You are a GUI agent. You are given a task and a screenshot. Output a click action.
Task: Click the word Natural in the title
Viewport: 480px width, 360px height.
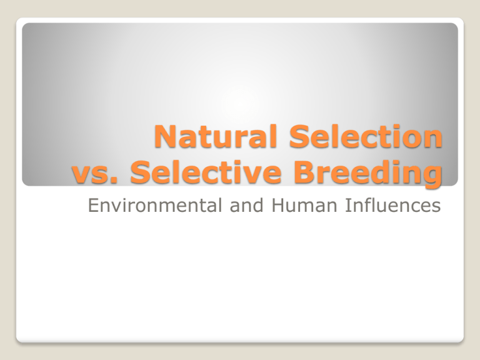(x=216, y=136)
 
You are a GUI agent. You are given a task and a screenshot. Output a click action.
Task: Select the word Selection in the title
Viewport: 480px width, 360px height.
(x=366, y=136)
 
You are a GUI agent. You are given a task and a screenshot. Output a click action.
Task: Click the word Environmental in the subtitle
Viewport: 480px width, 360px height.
(x=155, y=205)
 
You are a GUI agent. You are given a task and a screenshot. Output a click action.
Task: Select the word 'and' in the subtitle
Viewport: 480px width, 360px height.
(x=246, y=205)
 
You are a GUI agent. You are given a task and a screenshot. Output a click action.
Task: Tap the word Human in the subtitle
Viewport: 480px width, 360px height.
(x=304, y=205)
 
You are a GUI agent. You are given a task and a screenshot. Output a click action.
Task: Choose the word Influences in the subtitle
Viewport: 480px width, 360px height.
(x=393, y=205)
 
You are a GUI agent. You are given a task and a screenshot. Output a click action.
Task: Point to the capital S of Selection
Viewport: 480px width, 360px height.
(x=299, y=136)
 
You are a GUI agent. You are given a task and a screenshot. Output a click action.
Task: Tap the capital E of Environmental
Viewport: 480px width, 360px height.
(x=93, y=205)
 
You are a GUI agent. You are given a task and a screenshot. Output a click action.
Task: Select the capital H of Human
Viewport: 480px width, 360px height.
(x=277, y=205)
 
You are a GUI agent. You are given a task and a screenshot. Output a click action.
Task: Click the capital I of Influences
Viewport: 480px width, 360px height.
(x=347, y=205)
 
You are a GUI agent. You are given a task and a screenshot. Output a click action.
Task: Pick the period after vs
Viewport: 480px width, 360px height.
(x=114, y=181)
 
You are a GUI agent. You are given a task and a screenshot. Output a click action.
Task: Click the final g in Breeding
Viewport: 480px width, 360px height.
(x=432, y=177)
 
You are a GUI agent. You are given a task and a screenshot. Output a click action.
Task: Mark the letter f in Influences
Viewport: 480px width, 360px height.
(x=367, y=205)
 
